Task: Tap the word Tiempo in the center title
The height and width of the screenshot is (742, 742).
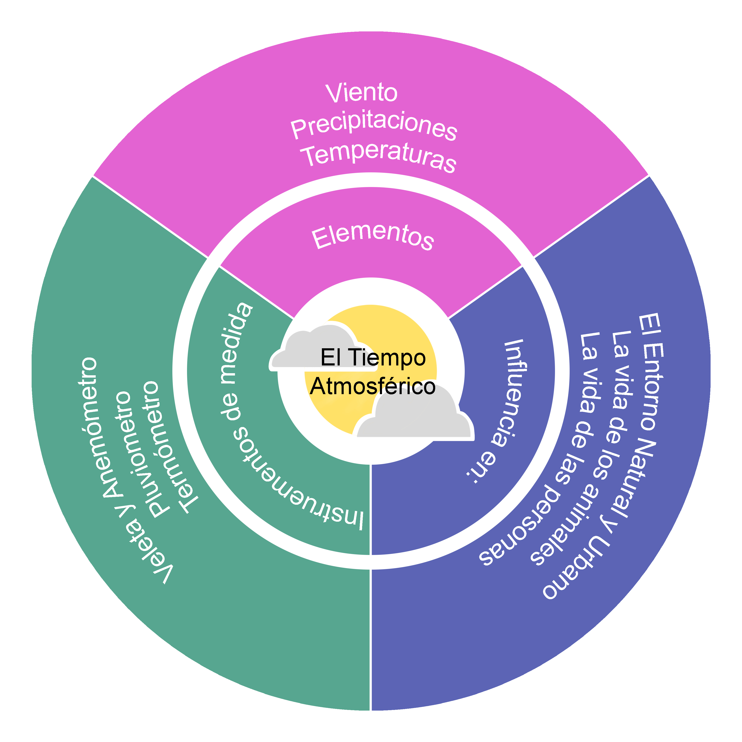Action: [x=388, y=357]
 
